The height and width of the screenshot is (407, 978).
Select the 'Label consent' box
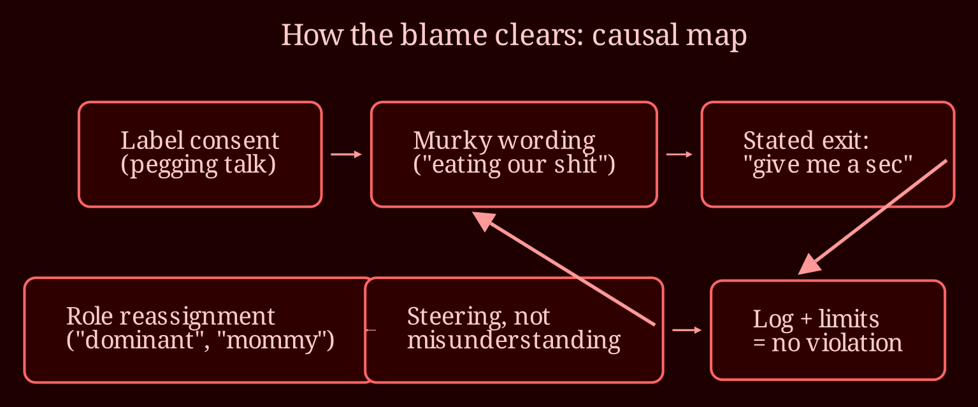[x=201, y=154]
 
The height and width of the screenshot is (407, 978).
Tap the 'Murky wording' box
[x=514, y=154]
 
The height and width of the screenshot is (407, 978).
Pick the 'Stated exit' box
[x=828, y=154]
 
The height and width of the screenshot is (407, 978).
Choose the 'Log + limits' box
[x=828, y=330]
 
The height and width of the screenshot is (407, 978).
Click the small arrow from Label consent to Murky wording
[x=346, y=154]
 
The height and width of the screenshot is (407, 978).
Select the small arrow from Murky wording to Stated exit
[x=679, y=154]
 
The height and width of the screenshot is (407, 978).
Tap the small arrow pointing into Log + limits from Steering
[x=687, y=330]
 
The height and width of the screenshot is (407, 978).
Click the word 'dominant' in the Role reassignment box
[x=136, y=340]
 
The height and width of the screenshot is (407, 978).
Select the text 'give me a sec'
[x=828, y=164]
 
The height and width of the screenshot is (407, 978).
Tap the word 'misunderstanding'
[x=514, y=341]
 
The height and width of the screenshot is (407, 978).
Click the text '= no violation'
[x=828, y=343]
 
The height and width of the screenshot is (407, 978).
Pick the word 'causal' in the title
[x=636, y=35]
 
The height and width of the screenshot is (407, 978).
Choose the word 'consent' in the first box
[x=234, y=141]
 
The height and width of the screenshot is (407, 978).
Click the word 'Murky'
[x=452, y=141]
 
